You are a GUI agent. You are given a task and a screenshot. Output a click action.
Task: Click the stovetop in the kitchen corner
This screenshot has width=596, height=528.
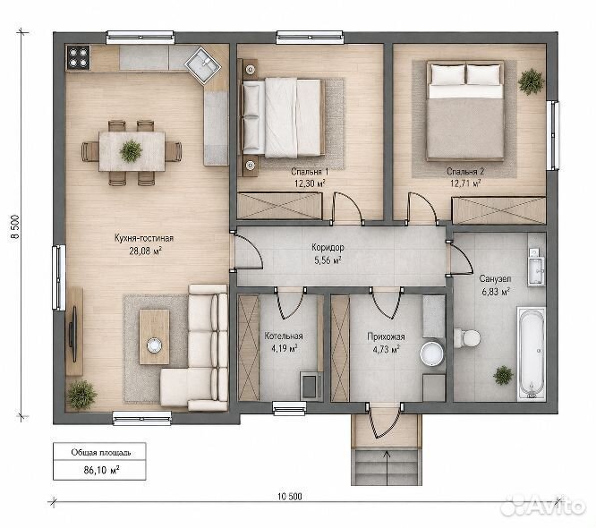[78, 57]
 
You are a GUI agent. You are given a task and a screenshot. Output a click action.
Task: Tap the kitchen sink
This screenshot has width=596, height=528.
[202, 64]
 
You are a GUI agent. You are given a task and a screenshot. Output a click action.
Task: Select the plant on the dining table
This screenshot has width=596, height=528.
[131, 151]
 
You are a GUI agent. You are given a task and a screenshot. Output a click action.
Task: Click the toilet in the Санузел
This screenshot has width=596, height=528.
[467, 337]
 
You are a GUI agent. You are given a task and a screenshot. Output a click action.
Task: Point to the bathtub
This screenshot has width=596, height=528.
[532, 353]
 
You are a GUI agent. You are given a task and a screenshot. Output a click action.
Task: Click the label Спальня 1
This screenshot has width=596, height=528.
[310, 172]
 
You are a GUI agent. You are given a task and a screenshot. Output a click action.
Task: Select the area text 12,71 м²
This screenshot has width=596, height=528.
[465, 183]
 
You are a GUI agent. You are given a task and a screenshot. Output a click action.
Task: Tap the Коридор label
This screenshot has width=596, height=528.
[328, 248]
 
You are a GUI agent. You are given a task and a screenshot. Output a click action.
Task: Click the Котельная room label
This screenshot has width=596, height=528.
[284, 336]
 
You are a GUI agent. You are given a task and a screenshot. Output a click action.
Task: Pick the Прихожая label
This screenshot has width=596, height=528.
[386, 336]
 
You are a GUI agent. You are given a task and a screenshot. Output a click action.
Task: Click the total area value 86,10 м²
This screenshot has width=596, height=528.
[101, 470]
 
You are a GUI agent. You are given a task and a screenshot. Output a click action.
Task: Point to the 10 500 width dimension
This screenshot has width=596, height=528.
[290, 497]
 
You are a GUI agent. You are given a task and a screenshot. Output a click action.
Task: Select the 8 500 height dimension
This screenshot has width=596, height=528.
[15, 227]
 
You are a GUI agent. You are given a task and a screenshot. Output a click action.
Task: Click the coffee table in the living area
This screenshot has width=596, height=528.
[154, 336]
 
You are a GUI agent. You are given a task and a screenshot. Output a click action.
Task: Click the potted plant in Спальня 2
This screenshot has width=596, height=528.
[531, 81]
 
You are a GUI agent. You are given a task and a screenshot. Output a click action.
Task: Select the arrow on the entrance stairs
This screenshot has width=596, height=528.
[387, 467]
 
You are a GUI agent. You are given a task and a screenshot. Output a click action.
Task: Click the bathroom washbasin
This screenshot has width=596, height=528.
[536, 266]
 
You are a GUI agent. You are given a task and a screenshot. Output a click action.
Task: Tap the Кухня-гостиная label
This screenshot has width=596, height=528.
[144, 238]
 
